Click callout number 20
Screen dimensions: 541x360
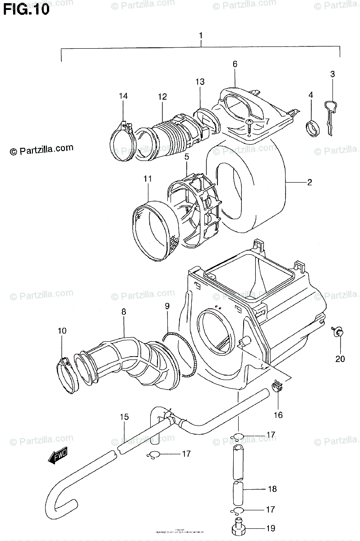click(x=340, y=359)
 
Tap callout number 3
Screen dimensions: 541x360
click(x=332, y=74)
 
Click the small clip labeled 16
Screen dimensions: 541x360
click(x=278, y=386)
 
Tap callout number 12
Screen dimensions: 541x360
click(x=162, y=96)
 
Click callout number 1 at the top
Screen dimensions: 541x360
click(x=202, y=35)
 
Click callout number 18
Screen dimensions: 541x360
click(x=272, y=489)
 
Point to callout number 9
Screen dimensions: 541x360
click(x=167, y=307)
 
